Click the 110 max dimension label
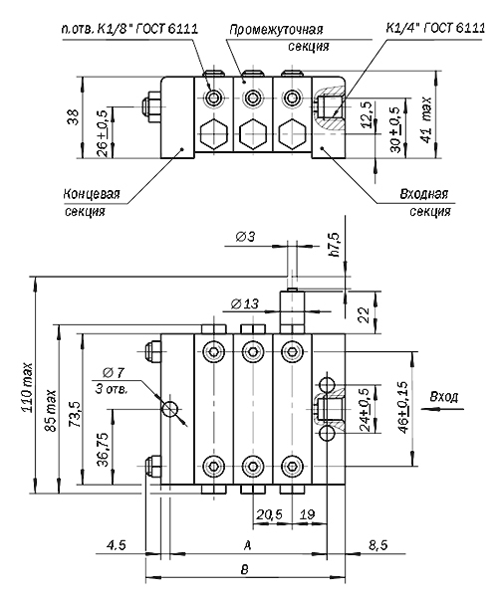pos(28,387)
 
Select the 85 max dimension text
pos(51,411)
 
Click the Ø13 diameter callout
pos(244,303)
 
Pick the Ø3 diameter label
pos(245,237)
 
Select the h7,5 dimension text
pos(335,244)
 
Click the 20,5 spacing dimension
pos(269,514)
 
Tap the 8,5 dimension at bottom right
pos(377,545)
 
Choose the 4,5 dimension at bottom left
pos(116,545)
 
